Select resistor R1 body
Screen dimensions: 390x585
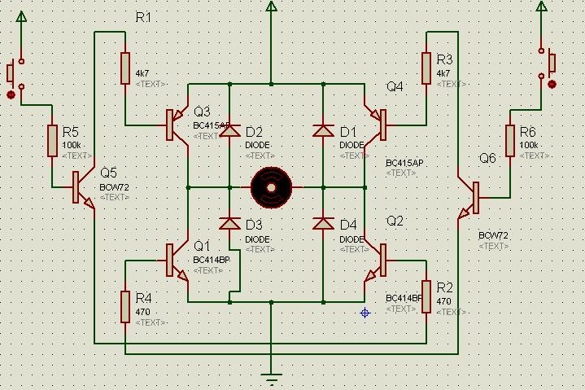pos(125,68)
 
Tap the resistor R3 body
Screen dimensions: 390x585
pos(426,68)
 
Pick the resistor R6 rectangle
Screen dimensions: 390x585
pos(510,140)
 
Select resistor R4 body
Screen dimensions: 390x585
pos(125,306)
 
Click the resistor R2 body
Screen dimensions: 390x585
pos(426,297)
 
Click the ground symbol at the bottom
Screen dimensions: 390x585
pos(271,377)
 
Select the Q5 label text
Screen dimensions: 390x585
pos(109,173)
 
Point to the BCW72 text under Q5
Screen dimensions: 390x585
pos(113,186)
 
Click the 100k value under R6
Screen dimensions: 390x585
pos(528,145)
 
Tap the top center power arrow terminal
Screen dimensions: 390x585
pos(271,7)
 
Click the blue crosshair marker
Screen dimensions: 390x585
pos(365,313)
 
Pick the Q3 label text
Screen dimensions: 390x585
pos(202,112)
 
